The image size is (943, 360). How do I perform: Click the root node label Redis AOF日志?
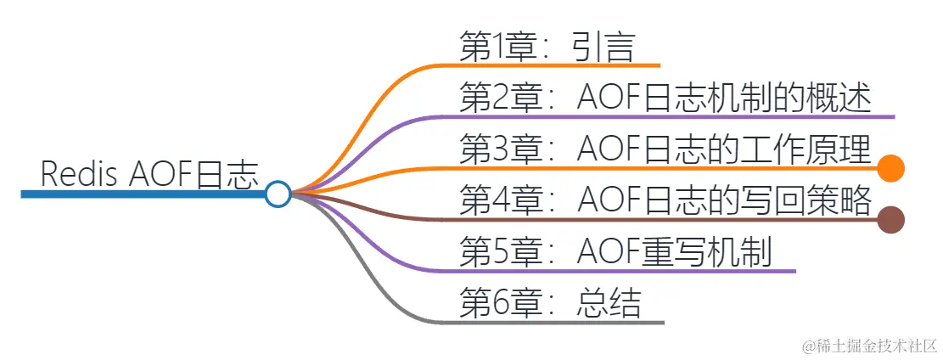pyautogui.click(x=149, y=175)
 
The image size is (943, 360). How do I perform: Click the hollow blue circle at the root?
pyautogui.click(x=278, y=194)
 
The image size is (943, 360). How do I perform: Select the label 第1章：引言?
pyautogui.click(x=546, y=47)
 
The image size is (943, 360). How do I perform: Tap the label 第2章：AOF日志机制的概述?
pyautogui.click(x=665, y=98)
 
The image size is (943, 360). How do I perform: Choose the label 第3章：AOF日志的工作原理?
pyautogui.click(x=665, y=150)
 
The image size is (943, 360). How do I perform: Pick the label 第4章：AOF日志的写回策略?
pyautogui.click(x=665, y=201)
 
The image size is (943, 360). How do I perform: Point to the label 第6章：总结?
pyautogui.click(x=549, y=303)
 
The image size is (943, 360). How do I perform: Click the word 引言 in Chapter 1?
pyautogui.click(x=603, y=47)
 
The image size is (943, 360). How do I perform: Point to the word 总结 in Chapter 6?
pyautogui.click(x=609, y=303)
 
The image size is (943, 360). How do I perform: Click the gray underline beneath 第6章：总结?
pyautogui.click(x=552, y=322)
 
